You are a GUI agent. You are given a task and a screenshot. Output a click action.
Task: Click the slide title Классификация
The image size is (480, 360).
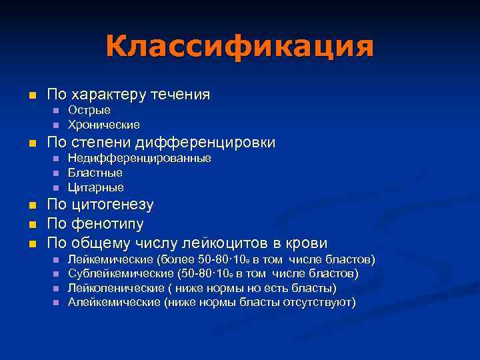click(x=239, y=47)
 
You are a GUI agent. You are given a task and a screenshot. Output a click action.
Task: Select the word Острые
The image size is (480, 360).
click(x=89, y=110)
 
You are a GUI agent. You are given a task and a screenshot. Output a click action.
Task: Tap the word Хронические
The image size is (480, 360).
click(x=104, y=125)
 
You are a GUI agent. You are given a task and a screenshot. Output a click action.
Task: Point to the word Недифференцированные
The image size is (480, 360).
click(x=139, y=158)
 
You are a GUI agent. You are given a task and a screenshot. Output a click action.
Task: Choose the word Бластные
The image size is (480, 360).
click(x=95, y=173)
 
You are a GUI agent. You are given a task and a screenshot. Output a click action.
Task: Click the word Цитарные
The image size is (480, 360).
click(x=96, y=187)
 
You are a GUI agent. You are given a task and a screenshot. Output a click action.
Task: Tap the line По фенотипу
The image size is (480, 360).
click(x=95, y=223)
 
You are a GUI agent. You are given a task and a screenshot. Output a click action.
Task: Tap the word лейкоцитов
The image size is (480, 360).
click(x=249, y=242)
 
